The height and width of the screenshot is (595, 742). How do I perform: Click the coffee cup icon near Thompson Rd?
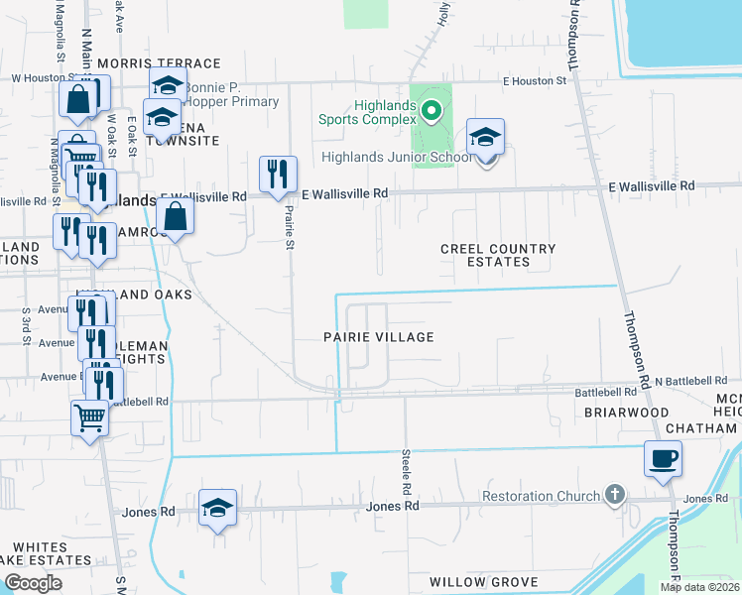coord(664,459)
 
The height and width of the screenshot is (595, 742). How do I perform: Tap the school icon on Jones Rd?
coord(218,508)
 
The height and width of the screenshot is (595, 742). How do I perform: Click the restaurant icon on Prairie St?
coord(278,175)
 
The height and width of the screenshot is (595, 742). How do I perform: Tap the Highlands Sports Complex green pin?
coord(432,111)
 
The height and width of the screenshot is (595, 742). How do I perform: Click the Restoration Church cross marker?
coord(615,494)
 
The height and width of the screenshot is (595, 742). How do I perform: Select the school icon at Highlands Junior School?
coord(485,138)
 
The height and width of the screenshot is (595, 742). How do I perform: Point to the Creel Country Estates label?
coord(498,255)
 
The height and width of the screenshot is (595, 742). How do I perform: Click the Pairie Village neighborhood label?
coord(379,337)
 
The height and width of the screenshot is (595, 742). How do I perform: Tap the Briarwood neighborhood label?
coord(626,412)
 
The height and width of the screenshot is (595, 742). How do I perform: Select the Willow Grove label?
coord(484,582)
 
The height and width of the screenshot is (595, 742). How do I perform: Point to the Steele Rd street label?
coord(407,470)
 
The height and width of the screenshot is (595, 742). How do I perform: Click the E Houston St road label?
coord(534,80)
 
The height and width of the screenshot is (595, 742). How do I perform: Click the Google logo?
coord(33,583)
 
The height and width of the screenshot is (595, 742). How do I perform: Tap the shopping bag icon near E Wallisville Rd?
coord(175,216)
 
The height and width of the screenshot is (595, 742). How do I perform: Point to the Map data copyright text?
coord(700,587)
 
